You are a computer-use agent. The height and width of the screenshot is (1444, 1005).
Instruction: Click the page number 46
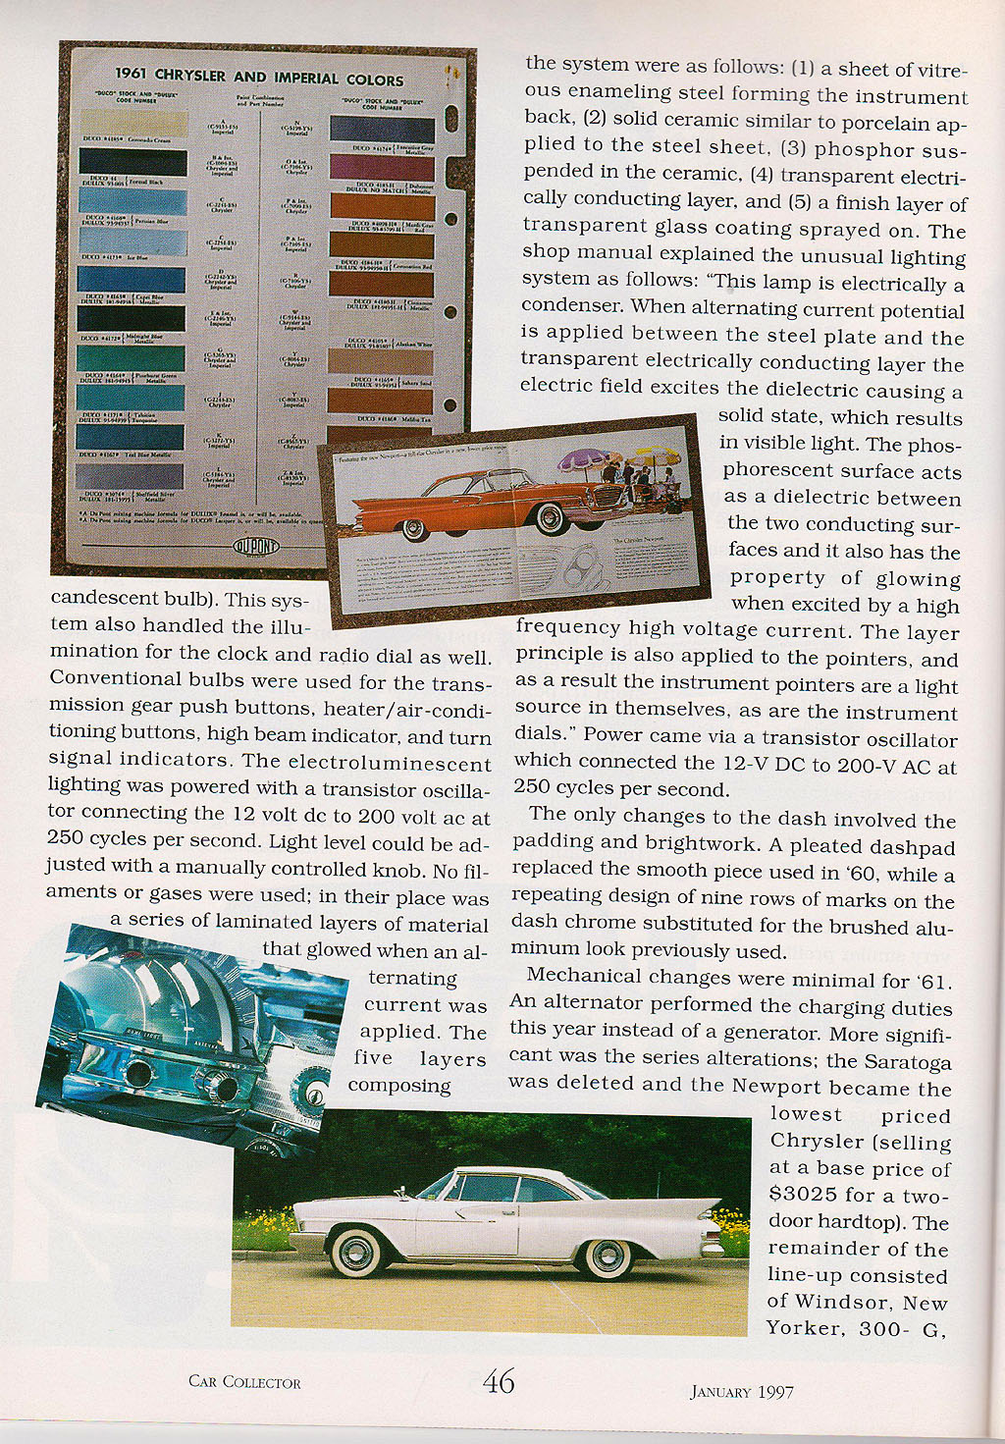click(499, 1382)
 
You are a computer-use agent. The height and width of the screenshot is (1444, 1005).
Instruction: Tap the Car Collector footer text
click(244, 1382)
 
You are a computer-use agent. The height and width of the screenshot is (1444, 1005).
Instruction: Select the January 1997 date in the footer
click(741, 1391)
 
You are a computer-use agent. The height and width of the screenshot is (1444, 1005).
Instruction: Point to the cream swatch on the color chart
click(132, 123)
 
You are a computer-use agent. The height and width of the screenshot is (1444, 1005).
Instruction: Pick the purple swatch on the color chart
click(382, 167)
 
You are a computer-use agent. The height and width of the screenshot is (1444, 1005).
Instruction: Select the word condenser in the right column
click(571, 306)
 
